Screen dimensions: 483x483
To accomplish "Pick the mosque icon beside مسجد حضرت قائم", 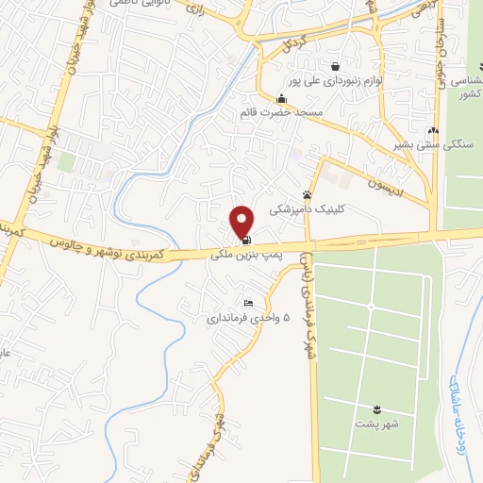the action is [x=280, y=99].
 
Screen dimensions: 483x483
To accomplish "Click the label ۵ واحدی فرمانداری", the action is [x=245, y=318].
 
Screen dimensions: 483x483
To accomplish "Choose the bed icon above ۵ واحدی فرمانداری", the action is [x=248, y=303].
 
